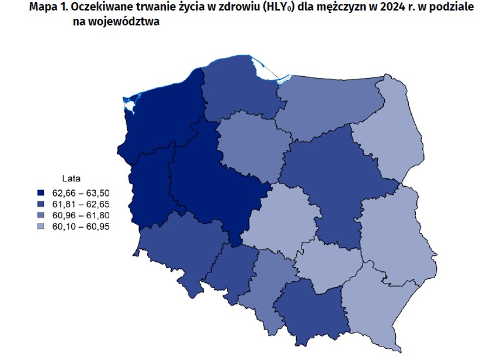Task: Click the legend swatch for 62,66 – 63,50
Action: tap(41, 193)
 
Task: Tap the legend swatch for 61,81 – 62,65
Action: tap(41, 204)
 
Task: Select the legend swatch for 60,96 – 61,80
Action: tap(41, 216)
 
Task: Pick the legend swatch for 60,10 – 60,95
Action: tap(41, 227)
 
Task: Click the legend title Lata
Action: tap(71, 178)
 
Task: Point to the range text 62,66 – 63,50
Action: tap(81, 193)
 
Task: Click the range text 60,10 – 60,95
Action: tap(81, 227)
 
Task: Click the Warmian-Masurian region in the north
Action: tap(326, 103)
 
